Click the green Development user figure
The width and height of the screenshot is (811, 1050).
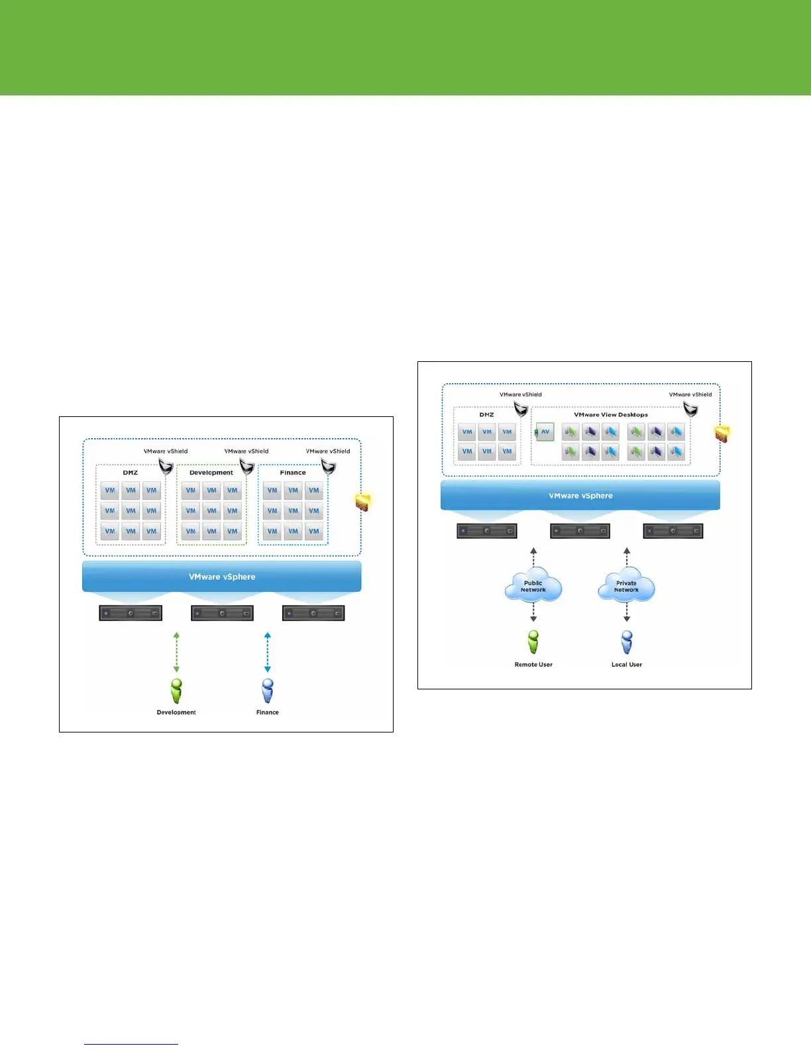tap(176, 691)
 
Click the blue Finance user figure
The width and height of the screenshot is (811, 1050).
tap(268, 691)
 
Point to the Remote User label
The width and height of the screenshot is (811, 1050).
tap(533, 664)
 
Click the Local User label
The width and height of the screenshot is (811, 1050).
tap(626, 664)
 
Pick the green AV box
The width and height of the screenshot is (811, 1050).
tap(545, 432)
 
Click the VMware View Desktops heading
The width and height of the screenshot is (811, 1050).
tap(610, 415)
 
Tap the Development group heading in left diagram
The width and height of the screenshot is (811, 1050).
tap(211, 473)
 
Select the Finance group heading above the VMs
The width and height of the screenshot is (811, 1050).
tap(293, 473)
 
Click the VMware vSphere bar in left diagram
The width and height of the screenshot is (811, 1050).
tap(221, 577)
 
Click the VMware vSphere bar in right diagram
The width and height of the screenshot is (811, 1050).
tap(580, 496)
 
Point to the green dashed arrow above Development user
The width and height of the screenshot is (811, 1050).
tap(176, 652)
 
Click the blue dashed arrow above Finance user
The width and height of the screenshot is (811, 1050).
tap(268, 652)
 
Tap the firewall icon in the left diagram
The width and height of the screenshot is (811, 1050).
tap(362, 502)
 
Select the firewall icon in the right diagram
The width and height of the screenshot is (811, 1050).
tap(722, 434)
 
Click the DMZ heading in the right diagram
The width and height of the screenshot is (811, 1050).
tap(486, 415)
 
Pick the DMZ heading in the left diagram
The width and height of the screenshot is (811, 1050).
tap(130, 473)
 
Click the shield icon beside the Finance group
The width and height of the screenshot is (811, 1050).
tap(328, 467)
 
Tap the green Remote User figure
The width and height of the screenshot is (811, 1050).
tap(533, 642)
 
